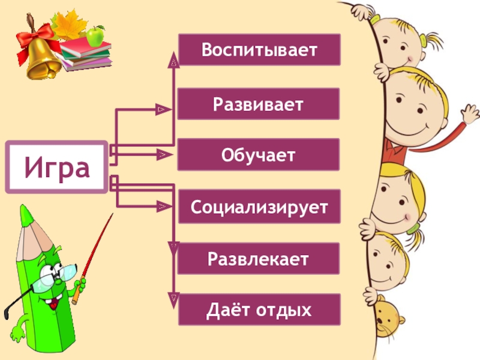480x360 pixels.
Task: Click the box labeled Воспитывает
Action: [259, 49]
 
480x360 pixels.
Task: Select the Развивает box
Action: [259, 103]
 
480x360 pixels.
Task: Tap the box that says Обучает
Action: [259, 154]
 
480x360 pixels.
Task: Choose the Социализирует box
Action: [259, 207]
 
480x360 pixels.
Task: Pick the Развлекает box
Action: [259, 259]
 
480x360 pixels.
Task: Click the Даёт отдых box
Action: [259, 310]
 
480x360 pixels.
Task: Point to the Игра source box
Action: [57, 167]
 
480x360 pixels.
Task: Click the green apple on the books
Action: [95, 37]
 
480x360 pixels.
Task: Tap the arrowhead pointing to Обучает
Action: [161, 155]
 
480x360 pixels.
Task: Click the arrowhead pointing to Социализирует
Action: [161, 207]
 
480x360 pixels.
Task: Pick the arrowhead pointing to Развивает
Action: [161, 110]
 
